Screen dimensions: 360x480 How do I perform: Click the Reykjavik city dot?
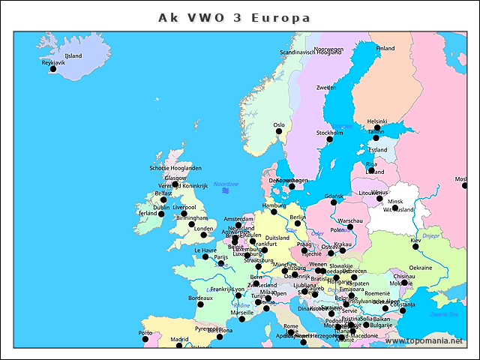click(x=52, y=69)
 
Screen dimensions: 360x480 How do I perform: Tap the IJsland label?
click(x=73, y=55)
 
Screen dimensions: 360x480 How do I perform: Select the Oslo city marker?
click(x=279, y=131)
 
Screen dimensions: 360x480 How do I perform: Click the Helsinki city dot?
click(x=376, y=127)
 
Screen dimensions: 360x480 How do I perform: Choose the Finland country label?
click(x=385, y=48)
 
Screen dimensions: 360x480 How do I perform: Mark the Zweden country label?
click(x=326, y=88)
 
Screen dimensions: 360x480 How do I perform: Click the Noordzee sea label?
click(x=226, y=183)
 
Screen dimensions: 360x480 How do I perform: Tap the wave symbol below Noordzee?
click(x=225, y=191)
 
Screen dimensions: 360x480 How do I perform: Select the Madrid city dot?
click(x=179, y=346)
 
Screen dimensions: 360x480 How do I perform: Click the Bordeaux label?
click(x=200, y=298)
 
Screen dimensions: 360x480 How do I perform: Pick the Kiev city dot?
click(x=415, y=246)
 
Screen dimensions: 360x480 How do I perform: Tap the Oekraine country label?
click(x=420, y=267)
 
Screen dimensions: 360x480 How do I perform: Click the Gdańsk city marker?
click(x=334, y=202)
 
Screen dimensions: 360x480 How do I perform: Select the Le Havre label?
click(x=205, y=250)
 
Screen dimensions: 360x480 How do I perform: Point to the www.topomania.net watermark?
click(x=424, y=340)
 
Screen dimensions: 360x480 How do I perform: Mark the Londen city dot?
click(x=192, y=223)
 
